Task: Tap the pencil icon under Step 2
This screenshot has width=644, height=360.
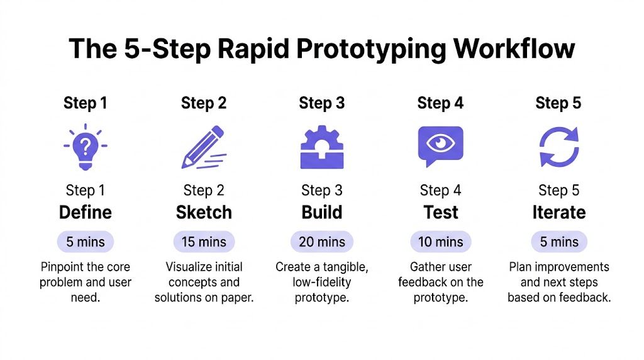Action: [x=203, y=147]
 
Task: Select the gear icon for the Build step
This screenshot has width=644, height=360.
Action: [x=321, y=147]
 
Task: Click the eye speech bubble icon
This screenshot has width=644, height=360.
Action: [x=440, y=146]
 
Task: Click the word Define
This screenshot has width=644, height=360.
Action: [x=86, y=213]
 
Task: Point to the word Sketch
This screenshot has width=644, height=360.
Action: [x=204, y=213]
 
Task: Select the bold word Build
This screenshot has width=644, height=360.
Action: [x=322, y=213]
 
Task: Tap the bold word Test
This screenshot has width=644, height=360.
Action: [x=440, y=213]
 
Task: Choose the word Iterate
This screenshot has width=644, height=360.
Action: [x=558, y=213]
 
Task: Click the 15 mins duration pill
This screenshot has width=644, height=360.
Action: [x=204, y=242]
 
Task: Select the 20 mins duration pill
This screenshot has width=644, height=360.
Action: [x=322, y=242]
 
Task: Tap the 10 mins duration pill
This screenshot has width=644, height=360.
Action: [x=440, y=242]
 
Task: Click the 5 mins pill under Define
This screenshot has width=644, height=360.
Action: [x=86, y=242]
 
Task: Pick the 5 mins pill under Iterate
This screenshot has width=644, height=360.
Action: [x=558, y=242]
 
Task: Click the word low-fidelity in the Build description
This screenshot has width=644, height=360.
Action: [x=322, y=282]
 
